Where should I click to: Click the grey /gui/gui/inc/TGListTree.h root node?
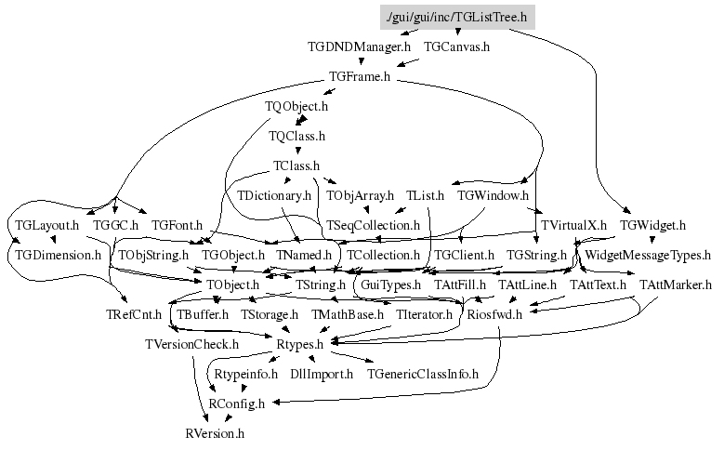(457, 17)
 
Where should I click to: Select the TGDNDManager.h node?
(359, 47)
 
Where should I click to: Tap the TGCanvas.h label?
(456, 47)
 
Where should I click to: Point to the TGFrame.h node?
(360, 76)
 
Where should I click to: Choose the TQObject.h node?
(296, 107)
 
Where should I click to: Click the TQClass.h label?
(296, 137)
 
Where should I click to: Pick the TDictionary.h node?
(274, 196)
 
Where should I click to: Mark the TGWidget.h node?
(652, 225)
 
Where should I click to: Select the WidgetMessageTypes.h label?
(648, 256)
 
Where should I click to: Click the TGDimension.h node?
(58, 256)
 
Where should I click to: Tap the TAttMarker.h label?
(676, 285)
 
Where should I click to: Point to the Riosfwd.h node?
(494, 315)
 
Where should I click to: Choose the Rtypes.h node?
(299, 345)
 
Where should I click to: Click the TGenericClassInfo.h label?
(423, 375)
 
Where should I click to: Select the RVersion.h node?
(215, 434)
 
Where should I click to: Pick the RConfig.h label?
(236, 404)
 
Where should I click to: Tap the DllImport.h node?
(322, 375)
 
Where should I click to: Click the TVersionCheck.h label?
(191, 345)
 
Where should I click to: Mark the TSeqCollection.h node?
(373, 225)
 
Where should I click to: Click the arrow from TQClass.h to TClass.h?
(297, 149)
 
